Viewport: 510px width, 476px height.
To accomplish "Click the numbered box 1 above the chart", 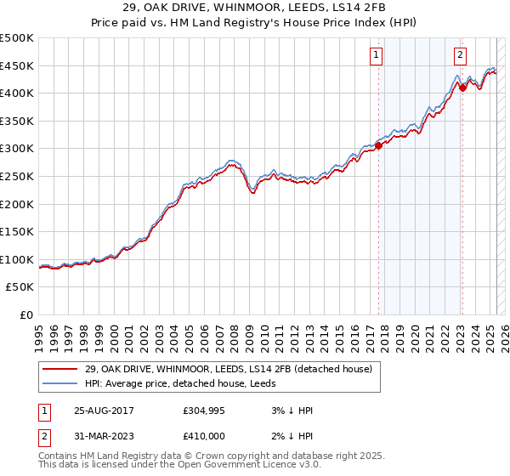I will pyautogui.click(x=376, y=55).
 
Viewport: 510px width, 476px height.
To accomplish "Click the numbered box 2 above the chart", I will pyautogui.click(x=460, y=55).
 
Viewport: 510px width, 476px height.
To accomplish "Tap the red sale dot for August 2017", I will pyautogui.click(x=379, y=145).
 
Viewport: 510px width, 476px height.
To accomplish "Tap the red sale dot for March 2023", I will pyautogui.click(x=462, y=87).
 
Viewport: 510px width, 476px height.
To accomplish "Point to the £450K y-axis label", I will pyautogui.click(x=17, y=65).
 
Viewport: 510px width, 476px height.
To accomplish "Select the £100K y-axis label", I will pyautogui.click(x=17, y=259).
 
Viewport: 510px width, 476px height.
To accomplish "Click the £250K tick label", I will pyautogui.click(x=17, y=176).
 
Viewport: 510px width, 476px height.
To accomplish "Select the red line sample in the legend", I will pyautogui.click(x=60, y=369).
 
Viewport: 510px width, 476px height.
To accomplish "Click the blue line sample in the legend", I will pyautogui.click(x=60, y=383).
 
